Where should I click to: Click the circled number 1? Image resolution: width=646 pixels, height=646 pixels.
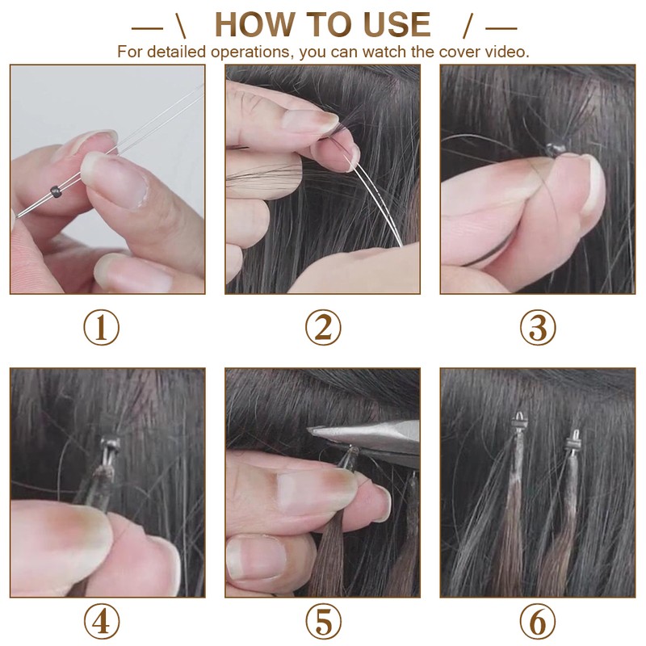coord(102,328)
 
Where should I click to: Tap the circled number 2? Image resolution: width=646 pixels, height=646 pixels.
coord(323,328)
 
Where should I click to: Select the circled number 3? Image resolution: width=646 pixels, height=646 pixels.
coord(538,328)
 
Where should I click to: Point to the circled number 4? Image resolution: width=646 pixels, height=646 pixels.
coord(102,621)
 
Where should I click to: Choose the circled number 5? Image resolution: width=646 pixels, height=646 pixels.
coord(323,621)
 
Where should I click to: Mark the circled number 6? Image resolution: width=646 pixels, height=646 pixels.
coord(538,621)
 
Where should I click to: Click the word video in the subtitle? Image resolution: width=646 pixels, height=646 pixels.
coord(508,52)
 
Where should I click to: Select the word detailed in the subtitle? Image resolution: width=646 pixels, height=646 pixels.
coord(176,52)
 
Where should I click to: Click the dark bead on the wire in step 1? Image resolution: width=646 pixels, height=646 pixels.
coord(56,191)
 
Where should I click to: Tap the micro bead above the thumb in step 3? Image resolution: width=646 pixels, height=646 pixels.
coord(553,149)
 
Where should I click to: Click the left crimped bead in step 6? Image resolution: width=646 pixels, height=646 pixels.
coord(519,421)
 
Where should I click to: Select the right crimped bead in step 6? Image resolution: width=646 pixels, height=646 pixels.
coord(573,442)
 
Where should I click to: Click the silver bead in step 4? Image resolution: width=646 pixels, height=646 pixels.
coord(111,443)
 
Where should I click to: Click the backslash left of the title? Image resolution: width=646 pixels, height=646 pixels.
coord(181,26)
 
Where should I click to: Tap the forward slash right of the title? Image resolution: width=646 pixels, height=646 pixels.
coord(468,26)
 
